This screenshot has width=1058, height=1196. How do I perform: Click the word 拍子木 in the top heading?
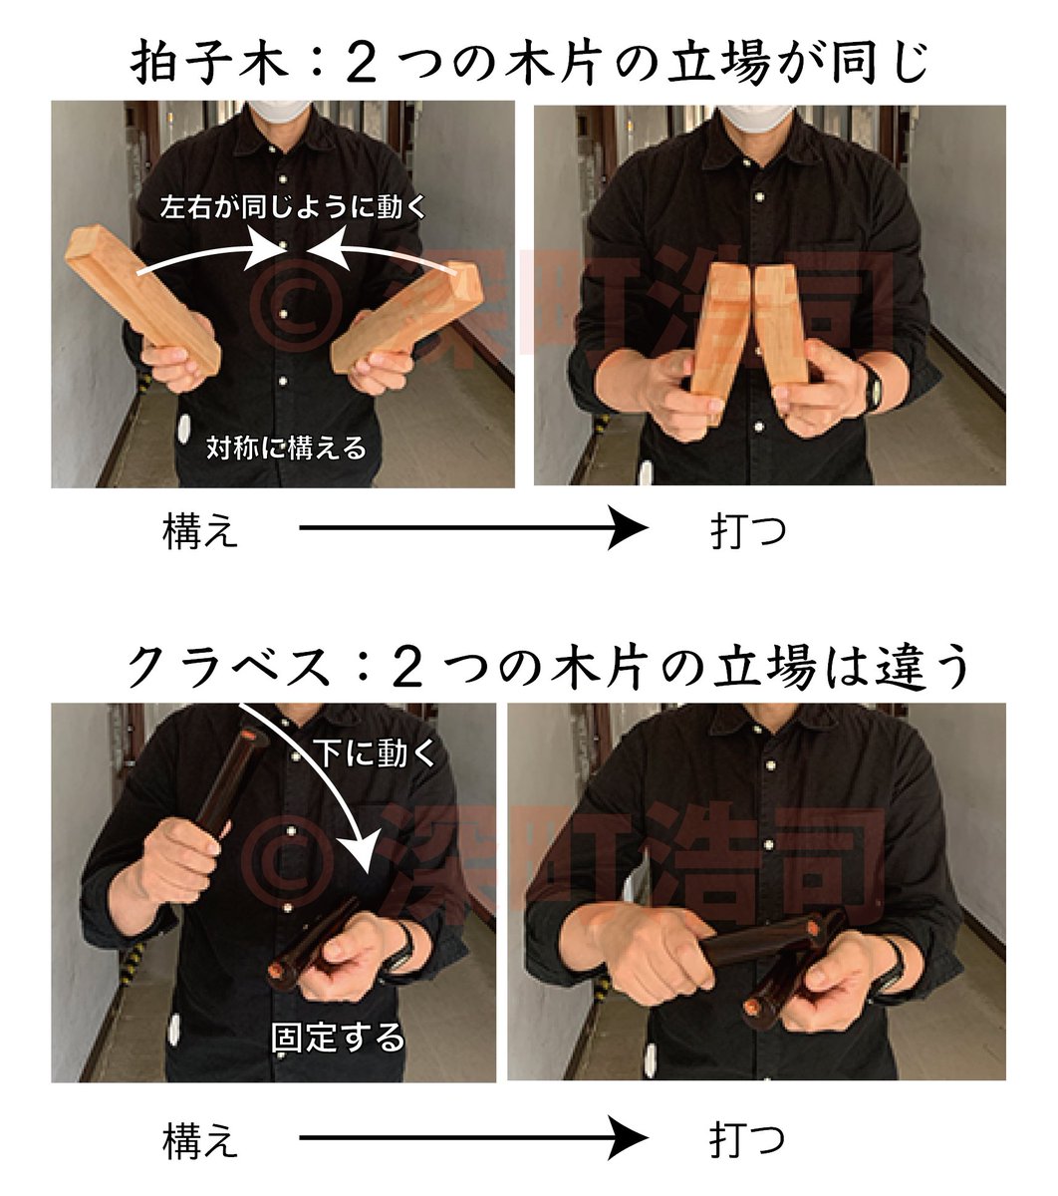pyautogui.click(x=209, y=64)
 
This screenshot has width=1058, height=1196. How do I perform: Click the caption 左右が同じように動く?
pyautogui.click(x=293, y=207)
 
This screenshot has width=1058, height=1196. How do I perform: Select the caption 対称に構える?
pyautogui.click(x=287, y=448)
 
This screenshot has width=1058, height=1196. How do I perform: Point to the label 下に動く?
pyautogui.click(x=377, y=752)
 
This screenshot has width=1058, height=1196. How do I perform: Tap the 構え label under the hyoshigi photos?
pyautogui.click(x=200, y=530)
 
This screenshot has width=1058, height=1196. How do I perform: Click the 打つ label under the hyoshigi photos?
pyautogui.click(x=748, y=530)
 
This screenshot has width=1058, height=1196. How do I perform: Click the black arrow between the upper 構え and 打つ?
pyautogui.click(x=474, y=527)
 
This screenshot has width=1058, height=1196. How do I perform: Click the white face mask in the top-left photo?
pyautogui.click(x=278, y=110)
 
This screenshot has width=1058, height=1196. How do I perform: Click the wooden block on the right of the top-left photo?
pyautogui.click(x=407, y=319)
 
